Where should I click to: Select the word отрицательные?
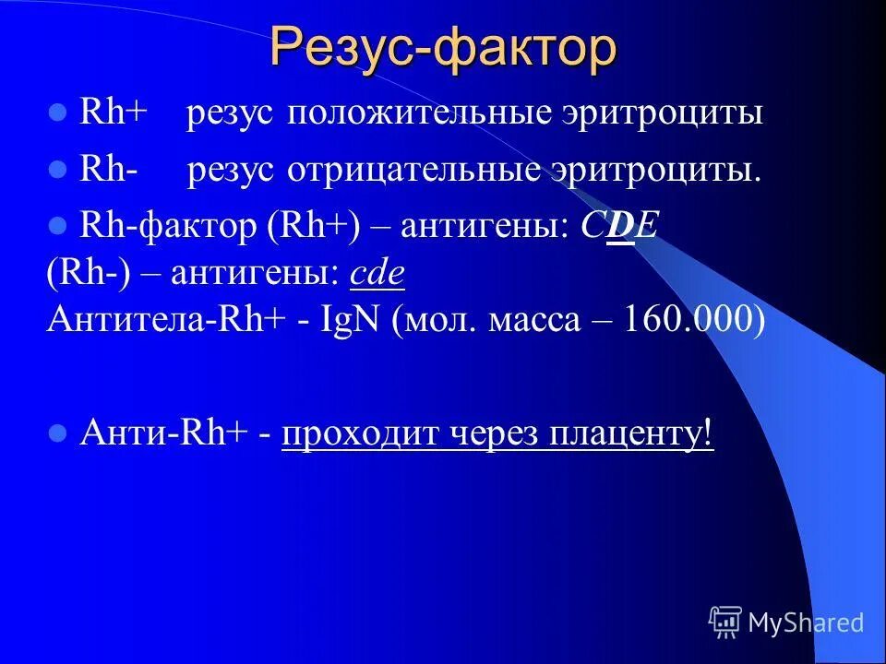tap(419, 172)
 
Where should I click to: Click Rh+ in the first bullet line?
tap(114, 113)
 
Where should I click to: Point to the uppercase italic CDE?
tap(619, 228)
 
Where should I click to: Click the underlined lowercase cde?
tap(378, 274)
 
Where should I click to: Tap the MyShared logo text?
tap(806, 622)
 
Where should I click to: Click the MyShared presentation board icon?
tap(725, 622)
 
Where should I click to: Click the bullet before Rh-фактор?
tap(58, 228)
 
